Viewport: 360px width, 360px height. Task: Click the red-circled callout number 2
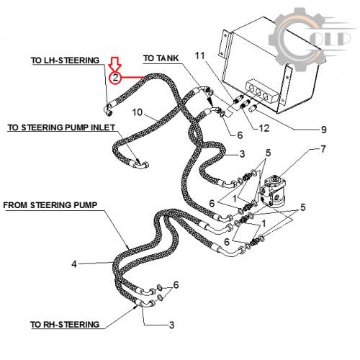pyautogui.click(x=115, y=78)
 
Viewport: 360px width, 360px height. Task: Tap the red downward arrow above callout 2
pyautogui.click(x=115, y=64)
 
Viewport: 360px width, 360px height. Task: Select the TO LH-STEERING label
pyautogui.click(x=65, y=60)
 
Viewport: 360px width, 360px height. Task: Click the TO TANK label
pyautogui.click(x=161, y=58)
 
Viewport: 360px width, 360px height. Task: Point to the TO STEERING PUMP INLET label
pyautogui.click(x=62, y=127)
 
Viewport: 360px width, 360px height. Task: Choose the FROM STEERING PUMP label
pyautogui.click(x=50, y=205)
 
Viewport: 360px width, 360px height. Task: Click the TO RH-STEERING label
pyautogui.click(x=65, y=325)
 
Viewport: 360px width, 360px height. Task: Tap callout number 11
pyautogui.click(x=200, y=55)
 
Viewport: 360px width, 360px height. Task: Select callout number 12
pyautogui.click(x=264, y=128)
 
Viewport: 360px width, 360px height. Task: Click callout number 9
pyautogui.click(x=324, y=130)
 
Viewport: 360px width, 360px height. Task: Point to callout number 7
pyautogui.click(x=323, y=149)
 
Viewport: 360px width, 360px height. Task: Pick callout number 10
pyautogui.click(x=138, y=112)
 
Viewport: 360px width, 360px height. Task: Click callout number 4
pyautogui.click(x=74, y=264)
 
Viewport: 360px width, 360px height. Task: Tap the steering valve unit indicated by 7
pyautogui.click(x=272, y=191)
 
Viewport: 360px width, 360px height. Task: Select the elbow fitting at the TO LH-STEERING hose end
pyautogui.click(x=109, y=110)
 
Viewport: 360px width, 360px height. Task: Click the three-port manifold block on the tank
pyautogui.click(x=263, y=92)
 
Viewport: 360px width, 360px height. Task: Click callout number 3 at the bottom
pyautogui.click(x=171, y=325)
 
